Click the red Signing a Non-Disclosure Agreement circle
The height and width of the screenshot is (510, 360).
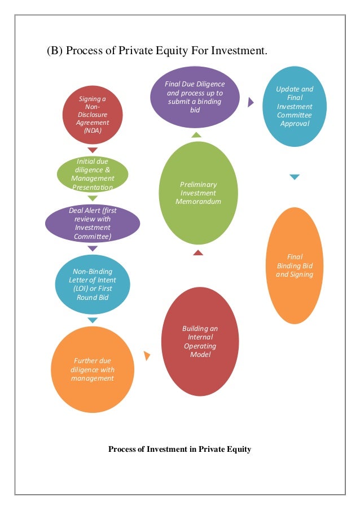pyautogui.click(x=93, y=115)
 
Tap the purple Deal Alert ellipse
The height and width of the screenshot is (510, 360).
pyautogui.click(x=93, y=224)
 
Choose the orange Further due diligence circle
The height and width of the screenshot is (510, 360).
pyautogui.click(x=93, y=370)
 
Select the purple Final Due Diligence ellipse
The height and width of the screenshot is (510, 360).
pyautogui.click(x=195, y=93)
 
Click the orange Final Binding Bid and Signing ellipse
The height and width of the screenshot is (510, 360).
pyautogui.click(x=295, y=265)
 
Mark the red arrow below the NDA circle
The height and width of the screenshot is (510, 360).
pyautogui.click(x=93, y=150)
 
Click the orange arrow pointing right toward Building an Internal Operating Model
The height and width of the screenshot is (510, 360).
pyautogui.click(x=147, y=356)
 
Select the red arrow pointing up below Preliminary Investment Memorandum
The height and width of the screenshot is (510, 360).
pyautogui.click(x=197, y=252)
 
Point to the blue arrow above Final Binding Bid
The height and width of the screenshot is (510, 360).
pyautogui.click(x=295, y=177)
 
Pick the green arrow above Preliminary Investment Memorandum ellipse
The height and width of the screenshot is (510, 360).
pyautogui.click(x=196, y=135)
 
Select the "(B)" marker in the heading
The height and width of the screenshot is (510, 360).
pyautogui.click(x=54, y=51)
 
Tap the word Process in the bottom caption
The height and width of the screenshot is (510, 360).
pyautogui.click(x=122, y=450)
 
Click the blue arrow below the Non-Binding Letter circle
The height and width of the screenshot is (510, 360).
pyautogui.click(x=93, y=320)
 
